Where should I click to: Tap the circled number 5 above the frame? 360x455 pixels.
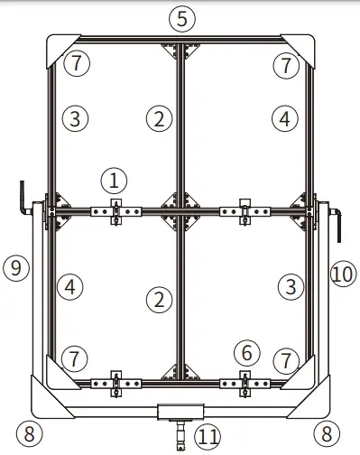click(182, 18)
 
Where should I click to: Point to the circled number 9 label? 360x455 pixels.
click(14, 267)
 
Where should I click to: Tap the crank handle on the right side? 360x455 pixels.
click(338, 222)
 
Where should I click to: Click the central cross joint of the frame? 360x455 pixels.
click(180, 211)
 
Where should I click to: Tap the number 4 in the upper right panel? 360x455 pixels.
click(286, 117)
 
